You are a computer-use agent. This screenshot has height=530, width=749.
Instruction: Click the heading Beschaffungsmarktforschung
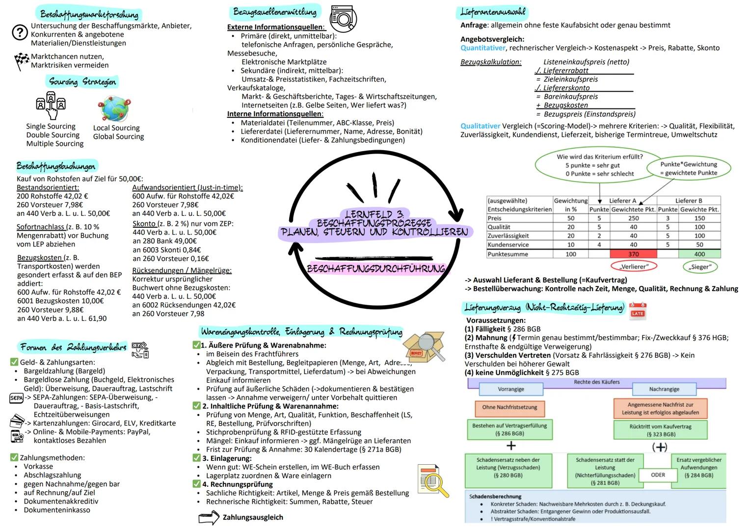[x=89, y=14]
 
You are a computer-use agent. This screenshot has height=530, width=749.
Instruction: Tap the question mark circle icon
[x=20, y=33]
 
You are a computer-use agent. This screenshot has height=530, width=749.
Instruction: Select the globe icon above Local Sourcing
[x=114, y=108]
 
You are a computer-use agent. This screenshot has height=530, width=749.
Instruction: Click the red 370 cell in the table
[x=633, y=254]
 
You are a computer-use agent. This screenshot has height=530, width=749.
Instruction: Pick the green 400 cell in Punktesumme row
[x=699, y=254]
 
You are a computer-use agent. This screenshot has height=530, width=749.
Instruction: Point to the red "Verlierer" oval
[x=633, y=266]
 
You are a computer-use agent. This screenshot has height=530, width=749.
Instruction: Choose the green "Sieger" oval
[x=699, y=267]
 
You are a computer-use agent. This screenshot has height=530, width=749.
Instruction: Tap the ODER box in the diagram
[x=658, y=475]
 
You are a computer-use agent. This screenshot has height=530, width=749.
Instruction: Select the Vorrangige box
[x=511, y=389]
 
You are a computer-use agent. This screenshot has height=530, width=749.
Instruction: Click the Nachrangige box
[x=664, y=389]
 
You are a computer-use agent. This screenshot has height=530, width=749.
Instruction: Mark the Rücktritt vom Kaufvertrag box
[x=660, y=430]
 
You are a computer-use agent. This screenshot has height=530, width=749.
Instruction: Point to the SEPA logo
[x=16, y=398]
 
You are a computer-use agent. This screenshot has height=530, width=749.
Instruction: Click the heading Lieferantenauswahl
[x=492, y=12]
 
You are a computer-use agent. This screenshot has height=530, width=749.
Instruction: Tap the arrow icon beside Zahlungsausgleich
[x=209, y=518]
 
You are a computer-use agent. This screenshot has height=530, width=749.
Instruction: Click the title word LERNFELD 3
[x=374, y=214]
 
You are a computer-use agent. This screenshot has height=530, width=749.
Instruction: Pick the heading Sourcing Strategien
[x=82, y=81]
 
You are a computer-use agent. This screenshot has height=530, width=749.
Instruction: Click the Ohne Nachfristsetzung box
[x=509, y=407]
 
